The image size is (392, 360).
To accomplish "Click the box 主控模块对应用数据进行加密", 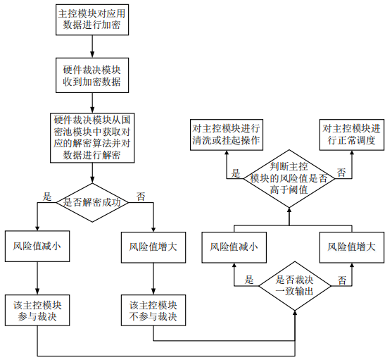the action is [92, 20].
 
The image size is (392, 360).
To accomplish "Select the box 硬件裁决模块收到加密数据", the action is [92, 75].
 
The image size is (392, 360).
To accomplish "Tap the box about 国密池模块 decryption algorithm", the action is [92, 138].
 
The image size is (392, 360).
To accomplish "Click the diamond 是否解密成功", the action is [92, 202].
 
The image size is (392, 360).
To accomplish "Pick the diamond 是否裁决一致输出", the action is [295, 286].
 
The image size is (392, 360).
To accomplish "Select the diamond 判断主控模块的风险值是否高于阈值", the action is [289, 179].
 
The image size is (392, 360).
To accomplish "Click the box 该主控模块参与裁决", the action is [37, 310].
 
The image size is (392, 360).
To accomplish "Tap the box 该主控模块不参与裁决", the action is [153, 310].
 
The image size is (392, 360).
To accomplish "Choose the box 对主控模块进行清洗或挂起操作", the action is [227, 135].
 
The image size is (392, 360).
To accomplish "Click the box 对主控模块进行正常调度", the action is [352, 135].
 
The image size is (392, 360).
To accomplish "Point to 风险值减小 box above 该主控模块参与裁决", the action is [37, 246].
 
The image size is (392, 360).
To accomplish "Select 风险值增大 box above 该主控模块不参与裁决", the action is [153, 247].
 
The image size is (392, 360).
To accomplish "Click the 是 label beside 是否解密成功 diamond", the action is [47, 197].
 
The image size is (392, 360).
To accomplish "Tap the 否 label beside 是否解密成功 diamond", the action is [141, 197].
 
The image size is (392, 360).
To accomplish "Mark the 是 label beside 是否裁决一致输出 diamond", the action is [249, 280].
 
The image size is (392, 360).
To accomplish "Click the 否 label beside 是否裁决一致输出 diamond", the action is [342, 280].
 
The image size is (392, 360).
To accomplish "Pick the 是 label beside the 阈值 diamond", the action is [236, 173].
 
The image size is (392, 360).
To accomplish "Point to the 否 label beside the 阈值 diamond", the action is [341, 173].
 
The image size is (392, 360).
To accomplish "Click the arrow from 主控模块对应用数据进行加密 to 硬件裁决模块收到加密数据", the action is [92, 46].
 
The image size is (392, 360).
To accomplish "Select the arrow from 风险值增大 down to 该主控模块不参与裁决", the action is [153, 279].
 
